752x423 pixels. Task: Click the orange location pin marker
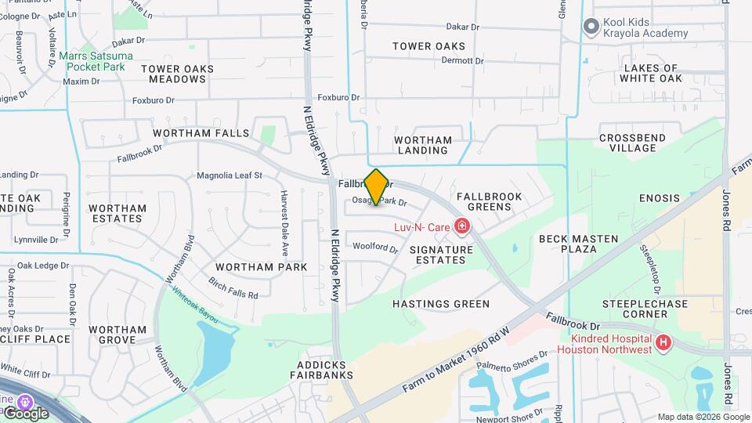point(376,187)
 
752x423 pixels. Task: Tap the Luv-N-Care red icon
point(462,228)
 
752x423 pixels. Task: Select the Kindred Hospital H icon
point(663,342)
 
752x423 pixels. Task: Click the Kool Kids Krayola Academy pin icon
point(591,27)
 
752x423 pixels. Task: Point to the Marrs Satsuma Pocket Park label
point(96,62)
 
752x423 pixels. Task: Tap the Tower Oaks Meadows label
point(177,74)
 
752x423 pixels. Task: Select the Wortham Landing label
point(423,146)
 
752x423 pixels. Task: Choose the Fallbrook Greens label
point(483,201)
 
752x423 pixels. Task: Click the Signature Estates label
point(441,255)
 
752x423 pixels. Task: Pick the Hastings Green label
point(441,304)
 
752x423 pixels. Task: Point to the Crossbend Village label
point(632,143)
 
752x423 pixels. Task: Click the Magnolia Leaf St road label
point(229,175)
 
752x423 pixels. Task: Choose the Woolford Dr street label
point(375,247)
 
